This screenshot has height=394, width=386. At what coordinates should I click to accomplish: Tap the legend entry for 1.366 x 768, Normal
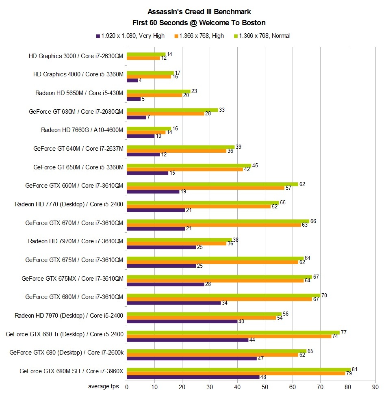260,36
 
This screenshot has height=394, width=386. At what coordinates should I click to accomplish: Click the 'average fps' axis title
104,386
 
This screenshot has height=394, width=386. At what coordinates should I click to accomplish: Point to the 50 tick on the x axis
265,386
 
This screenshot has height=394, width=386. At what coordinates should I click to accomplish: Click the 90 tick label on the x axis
375,386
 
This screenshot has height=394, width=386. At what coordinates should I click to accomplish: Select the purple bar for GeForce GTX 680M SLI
193,377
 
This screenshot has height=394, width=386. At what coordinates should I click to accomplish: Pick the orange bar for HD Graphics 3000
143,58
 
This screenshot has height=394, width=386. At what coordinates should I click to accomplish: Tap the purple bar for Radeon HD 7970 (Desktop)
182,321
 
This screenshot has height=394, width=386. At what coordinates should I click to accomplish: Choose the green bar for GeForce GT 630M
172,110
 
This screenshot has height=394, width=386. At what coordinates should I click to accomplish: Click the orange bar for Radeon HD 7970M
176,243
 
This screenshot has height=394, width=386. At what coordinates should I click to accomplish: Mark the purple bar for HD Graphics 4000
132,80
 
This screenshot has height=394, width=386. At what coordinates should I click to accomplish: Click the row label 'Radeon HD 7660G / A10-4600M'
82,130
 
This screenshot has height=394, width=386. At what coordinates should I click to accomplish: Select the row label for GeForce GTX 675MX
72,279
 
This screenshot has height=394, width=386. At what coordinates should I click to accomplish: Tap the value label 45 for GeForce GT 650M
255,166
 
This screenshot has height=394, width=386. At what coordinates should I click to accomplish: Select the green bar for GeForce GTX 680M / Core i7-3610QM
223,295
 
